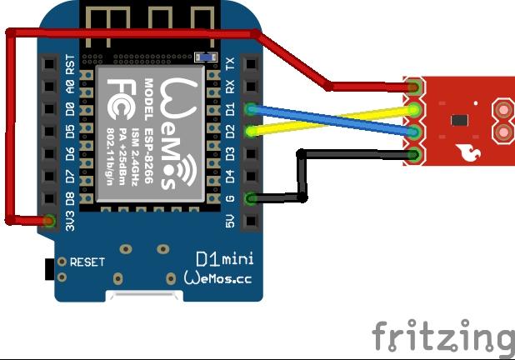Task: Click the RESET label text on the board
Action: click(x=87, y=262)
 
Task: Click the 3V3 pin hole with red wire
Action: click(x=49, y=221)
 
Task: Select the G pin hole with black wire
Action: click(x=249, y=198)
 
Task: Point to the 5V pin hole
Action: click(x=249, y=221)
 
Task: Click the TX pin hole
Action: click(x=249, y=64)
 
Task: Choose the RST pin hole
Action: click(x=49, y=64)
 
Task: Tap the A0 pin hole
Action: click(x=49, y=87)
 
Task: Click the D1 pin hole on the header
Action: click(x=249, y=109)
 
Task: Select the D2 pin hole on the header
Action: click(x=249, y=132)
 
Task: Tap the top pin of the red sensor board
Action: click(x=414, y=87)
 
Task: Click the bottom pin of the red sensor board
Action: click(x=414, y=153)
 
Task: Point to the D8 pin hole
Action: click(x=49, y=198)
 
